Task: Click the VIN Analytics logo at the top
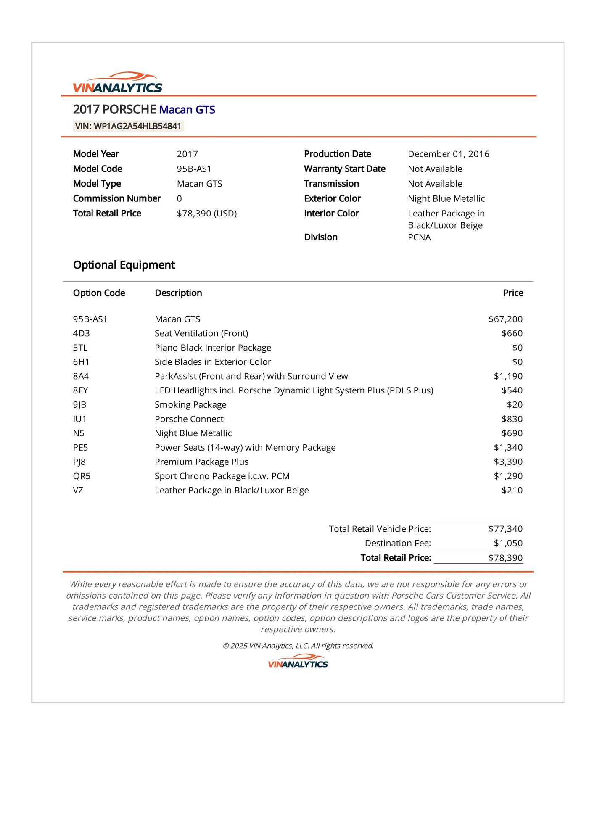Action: (x=117, y=83)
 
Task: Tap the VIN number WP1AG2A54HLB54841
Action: (x=128, y=126)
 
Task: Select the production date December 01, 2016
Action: (x=448, y=154)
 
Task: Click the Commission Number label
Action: (x=117, y=198)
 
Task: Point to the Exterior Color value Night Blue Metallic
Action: (x=446, y=198)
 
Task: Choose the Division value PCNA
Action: (x=419, y=237)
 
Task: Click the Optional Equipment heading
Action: (x=124, y=265)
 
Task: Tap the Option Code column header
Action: (x=99, y=293)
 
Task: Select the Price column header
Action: (x=513, y=293)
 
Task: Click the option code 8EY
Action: (x=80, y=390)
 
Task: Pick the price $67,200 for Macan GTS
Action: (x=505, y=319)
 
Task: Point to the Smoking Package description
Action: (x=190, y=405)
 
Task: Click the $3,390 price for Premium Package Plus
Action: (x=508, y=462)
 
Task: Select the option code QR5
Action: (x=82, y=476)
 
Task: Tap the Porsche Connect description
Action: (x=189, y=419)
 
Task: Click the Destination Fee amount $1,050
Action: (x=508, y=543)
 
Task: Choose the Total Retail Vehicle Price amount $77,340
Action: (x=505, y=529)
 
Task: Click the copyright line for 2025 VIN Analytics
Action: (x=298, y=646)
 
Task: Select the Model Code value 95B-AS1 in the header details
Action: (x=194, y=169)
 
